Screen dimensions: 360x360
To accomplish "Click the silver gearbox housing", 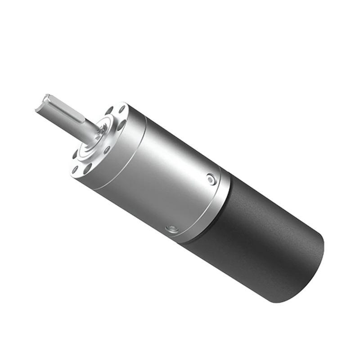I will (166, 180).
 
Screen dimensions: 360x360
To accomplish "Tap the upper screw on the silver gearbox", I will (211, 180).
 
